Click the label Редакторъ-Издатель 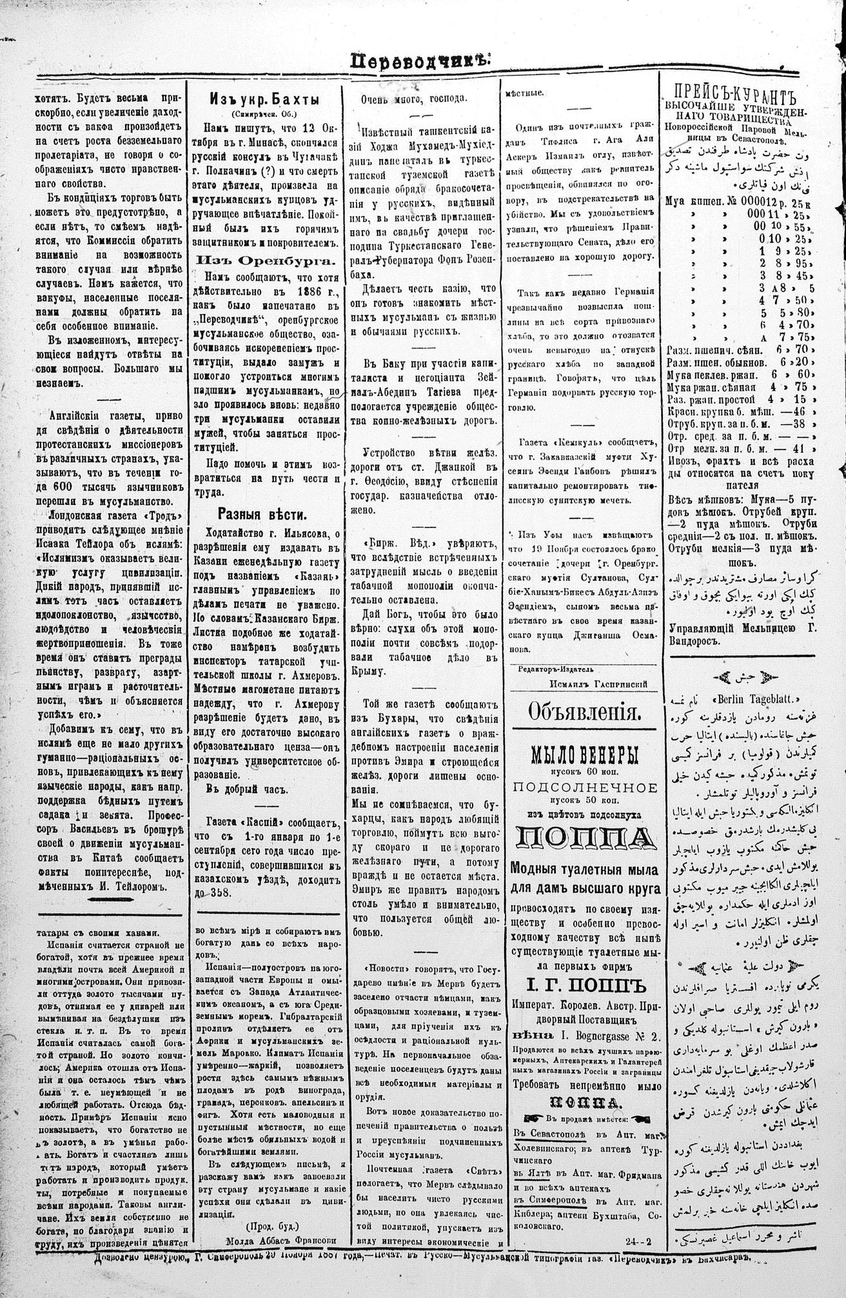(555, 669)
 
